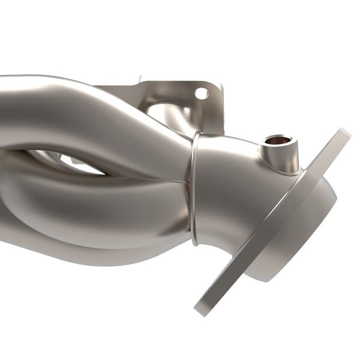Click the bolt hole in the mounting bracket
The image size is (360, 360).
tap(201, 93)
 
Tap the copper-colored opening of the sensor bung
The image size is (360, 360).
tap(277, 141)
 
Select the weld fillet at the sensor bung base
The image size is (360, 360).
tap(282, 171)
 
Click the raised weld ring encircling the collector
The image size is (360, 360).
tap(193, 186)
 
